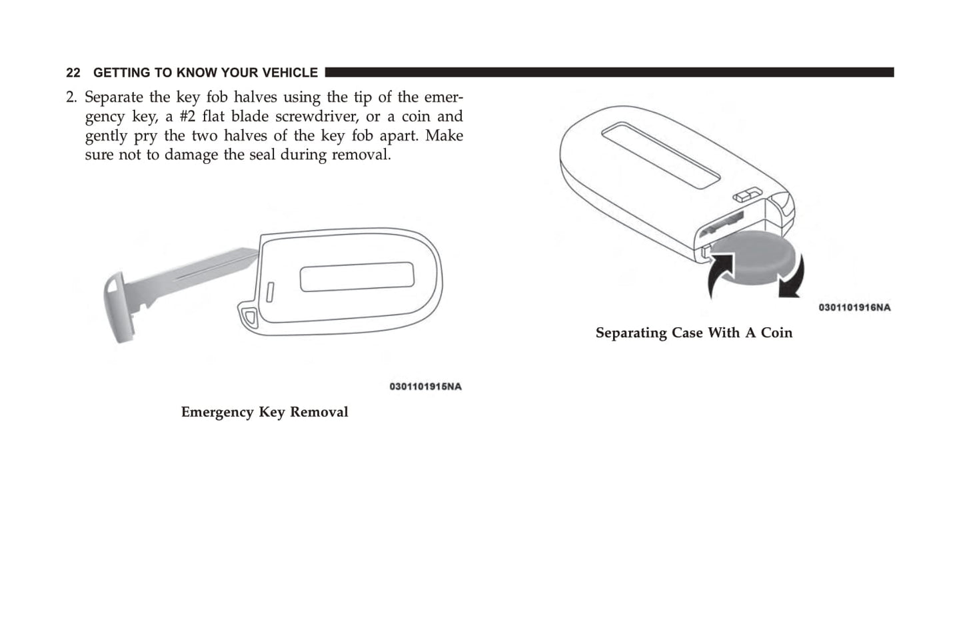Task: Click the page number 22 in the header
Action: coord(73,73)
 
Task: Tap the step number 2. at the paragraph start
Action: coord(71,97)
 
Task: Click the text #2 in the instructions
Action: coord(187,117)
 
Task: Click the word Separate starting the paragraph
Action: coord(114,98)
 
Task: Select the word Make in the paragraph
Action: coord(444,135)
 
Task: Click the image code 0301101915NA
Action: coord(426,386)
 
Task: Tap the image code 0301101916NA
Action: coord(854,307)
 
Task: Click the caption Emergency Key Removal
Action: coord(265,412)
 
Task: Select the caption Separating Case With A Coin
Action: coord(694,332)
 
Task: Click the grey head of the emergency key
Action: coord(118,307)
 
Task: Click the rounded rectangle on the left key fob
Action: coord(357,277)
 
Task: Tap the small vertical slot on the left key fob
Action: coord(270,293)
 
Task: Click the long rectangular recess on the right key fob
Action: coord(661,155)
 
